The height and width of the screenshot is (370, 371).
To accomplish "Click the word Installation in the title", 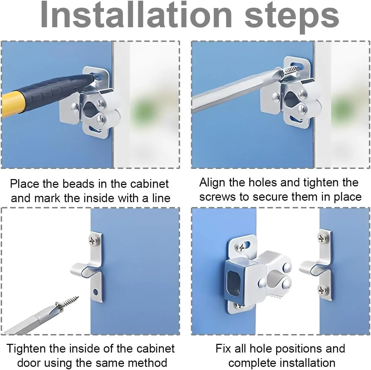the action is point(136,16).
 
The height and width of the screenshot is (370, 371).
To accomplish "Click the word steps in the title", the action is point(292,18).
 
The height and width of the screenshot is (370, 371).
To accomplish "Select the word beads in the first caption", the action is point(79,184).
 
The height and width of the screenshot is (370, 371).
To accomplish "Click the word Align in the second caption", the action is point(212,183).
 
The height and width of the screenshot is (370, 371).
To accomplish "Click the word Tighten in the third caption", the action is point(26,349).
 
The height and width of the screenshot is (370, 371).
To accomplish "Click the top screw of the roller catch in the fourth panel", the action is point(242,248).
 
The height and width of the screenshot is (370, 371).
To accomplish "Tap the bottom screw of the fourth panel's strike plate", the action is point(323,290).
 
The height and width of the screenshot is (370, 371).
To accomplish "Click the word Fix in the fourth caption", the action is point(223,349).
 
